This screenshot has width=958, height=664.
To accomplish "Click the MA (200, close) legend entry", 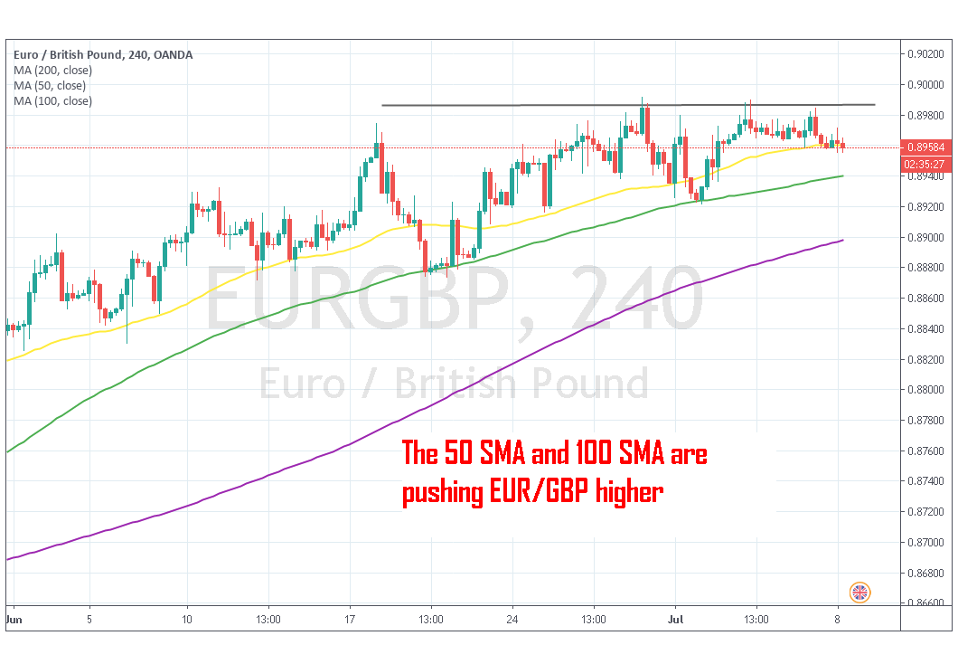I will [50, 71].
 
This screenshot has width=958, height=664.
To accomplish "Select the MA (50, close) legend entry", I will [50, 86].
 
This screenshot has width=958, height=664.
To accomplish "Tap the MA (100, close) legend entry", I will [52, 101].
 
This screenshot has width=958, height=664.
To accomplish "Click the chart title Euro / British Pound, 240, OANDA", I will [103, 55].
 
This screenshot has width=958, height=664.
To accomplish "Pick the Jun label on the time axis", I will [14, 621].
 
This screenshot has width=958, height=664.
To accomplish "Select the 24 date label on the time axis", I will [512, 621].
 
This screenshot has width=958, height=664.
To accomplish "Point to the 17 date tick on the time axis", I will [349, 621].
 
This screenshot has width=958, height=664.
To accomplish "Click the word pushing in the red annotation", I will [442, 494].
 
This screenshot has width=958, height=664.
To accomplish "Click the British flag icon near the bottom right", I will [860, 593].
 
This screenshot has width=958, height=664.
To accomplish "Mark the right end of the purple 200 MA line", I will [843, 240].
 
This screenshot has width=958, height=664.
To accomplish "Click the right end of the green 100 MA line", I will [843, 175].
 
